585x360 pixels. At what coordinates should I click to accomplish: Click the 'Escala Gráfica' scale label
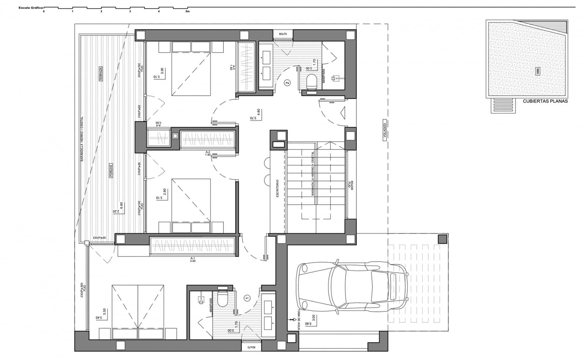tap(31, 7)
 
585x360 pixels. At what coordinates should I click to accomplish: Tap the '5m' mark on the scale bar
tap(188, 11)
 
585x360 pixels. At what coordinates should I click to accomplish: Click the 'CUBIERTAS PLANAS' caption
tap(545, 101)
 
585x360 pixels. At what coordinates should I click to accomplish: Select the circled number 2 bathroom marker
tap(287, 83)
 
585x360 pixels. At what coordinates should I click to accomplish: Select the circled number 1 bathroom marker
tap(247, 298)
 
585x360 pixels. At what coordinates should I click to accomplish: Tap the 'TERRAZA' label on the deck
tap(101, 74)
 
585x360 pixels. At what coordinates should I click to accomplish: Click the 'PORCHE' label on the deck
tap(111, 171)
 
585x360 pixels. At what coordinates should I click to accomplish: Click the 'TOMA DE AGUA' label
tap(299, 319)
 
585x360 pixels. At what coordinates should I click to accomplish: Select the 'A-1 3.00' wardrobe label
tap(193, 259)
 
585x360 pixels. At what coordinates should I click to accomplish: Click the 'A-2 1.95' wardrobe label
tap(208, 154)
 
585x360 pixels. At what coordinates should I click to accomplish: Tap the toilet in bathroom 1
tap(222, 300)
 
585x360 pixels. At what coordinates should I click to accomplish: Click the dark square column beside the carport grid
tap(442, 239)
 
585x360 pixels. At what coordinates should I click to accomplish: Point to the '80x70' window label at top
tap(283, 34)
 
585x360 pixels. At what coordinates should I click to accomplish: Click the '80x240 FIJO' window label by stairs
tap(351, 185)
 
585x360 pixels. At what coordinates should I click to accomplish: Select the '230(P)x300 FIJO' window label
tap(83, 290)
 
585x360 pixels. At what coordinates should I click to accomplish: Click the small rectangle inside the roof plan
tap(537, 71)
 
